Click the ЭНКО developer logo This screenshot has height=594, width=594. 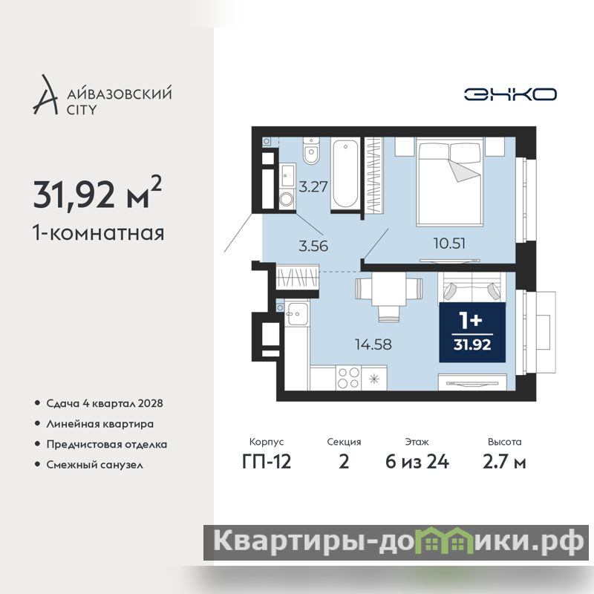pos(510,94)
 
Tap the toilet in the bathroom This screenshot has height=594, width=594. pos(311,151)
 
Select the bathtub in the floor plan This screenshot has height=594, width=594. pos(345,174)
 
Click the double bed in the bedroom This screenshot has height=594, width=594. pos(450,182)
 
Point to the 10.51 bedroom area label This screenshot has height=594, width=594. pos(449,244)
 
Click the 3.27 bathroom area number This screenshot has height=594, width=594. pos(313,186)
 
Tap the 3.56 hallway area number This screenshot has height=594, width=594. pos(313,246)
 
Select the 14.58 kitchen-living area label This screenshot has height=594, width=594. pos(373,345)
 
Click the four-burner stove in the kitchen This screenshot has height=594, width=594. pos(348,378)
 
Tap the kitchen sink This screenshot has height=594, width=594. pos(296,313)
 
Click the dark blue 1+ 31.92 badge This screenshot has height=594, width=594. pos(472,332)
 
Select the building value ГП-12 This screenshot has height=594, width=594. pos(267,462)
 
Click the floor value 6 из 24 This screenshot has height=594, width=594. pos(417,462)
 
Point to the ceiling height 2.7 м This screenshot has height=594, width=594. pos(504,462)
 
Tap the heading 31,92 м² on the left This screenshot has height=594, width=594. pos(97,193)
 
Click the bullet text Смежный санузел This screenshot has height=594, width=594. pos(95,465)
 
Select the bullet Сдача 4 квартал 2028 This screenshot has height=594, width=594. pos(105,403)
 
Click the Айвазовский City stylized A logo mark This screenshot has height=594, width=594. pos(46,95)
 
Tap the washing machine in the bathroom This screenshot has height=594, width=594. pos(287,200)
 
